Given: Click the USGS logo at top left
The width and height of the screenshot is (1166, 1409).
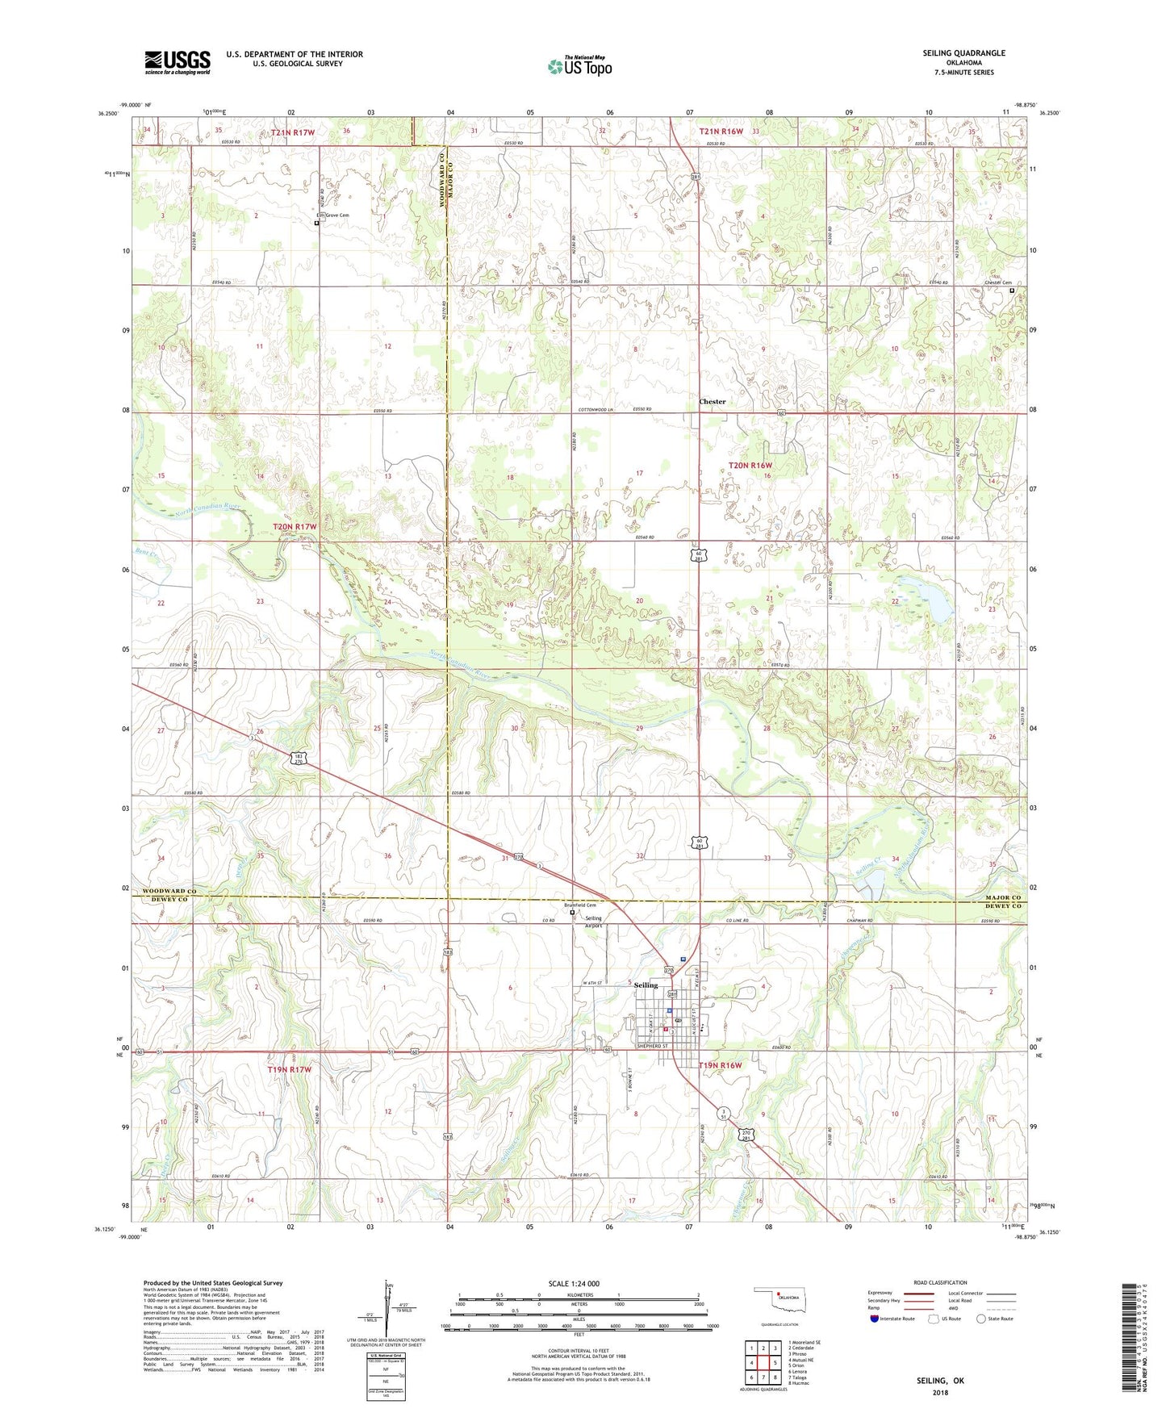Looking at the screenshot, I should point(177,62).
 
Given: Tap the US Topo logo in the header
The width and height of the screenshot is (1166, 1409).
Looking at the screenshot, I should point(579,66).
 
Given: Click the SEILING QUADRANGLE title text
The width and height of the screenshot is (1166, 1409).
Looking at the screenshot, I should point(963,53).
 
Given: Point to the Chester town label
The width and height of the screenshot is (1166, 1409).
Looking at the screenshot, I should point(712,401).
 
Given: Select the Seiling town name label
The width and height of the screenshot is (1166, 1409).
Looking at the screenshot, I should point(646,985).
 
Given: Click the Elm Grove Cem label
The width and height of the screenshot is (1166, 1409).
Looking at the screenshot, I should point(332,215).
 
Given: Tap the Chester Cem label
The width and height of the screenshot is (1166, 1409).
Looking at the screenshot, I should point(997,283).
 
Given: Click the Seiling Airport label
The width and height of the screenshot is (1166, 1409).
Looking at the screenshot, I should point(593,922).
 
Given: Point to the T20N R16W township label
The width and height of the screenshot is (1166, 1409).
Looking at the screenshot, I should point(750,466).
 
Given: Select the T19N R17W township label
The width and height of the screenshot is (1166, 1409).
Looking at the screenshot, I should point(289,1069).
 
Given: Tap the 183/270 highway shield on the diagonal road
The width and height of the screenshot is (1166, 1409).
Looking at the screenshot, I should point(298,759).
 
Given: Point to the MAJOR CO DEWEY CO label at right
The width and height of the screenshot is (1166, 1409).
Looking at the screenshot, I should point(1002,902).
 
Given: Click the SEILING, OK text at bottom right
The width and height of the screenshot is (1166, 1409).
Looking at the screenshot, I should point(939,1381).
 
